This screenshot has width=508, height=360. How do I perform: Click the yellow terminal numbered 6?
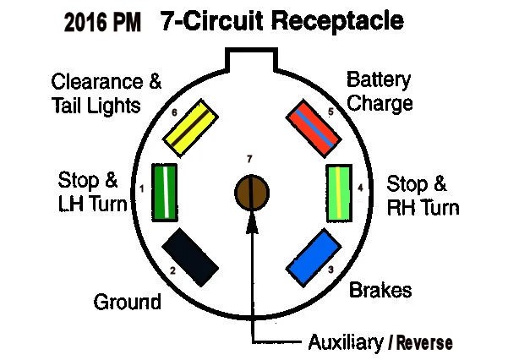(190, 128)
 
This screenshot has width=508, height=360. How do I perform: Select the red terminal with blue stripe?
(314, 128)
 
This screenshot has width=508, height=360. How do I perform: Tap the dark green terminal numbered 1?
(165, 193)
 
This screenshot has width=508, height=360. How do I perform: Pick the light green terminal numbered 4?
(339, 194)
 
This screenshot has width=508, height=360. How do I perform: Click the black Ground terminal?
(190, 257)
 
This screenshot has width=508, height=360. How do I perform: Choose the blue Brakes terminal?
(314, 258)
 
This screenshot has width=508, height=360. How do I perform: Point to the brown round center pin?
(252, 193)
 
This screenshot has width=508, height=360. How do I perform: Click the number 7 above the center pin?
(249, 159)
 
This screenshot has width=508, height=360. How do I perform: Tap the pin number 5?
(330, 112)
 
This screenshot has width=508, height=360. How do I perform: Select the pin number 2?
(172, 270)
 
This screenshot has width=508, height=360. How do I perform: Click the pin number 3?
(330, 270)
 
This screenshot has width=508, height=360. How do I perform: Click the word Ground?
(128, 302)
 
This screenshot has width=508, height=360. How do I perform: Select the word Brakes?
(380, 290)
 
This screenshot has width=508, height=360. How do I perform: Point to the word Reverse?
(424, 343)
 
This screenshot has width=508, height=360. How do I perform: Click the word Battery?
(379, 79)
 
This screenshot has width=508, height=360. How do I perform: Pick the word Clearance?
(97, 82)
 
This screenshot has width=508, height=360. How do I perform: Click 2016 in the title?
(85, 22)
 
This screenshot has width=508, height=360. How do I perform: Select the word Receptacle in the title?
(337, 22)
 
